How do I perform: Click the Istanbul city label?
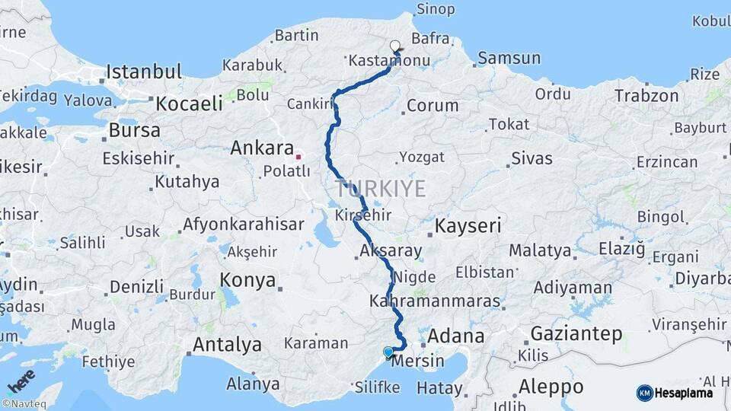(x=143, y=72)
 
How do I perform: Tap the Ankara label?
(x=262, y=148)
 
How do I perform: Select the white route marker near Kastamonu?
(x=395, y=46)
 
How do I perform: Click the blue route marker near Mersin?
(x=388, y=352)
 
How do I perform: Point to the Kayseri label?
(x=468, y=226)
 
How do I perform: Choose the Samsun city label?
(x=509, y=58)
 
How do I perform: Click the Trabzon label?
(x=646, y=96)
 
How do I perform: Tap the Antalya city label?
(x=227, y=345)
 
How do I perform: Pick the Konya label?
(x=247, y=280)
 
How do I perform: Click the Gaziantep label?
(x=576, y=333)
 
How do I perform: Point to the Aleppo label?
(x=551, y=386)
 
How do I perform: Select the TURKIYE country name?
(x=380, y=189)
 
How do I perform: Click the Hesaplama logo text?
(x=684, y=393)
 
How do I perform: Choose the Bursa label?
(x=134, y=130)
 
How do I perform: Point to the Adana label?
(x=455, y=336)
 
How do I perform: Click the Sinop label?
(x=436, y=10)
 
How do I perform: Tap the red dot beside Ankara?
(x=299, y=157)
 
